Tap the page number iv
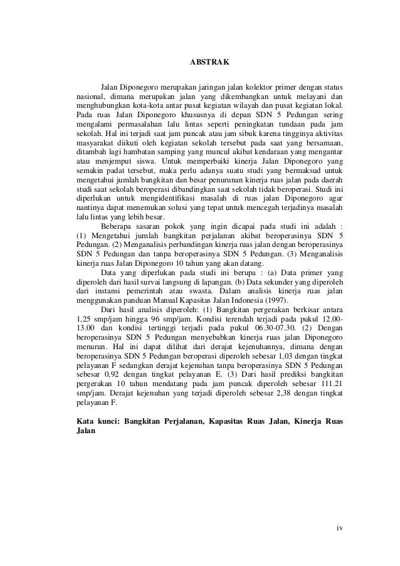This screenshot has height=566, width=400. pos(339,527)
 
